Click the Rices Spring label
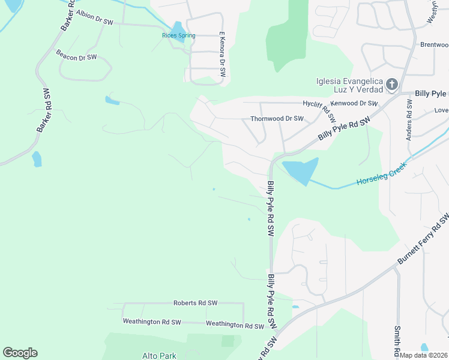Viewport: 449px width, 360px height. coord(179,36)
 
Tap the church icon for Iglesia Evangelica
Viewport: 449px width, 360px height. coord(391,85)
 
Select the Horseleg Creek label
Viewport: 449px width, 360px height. coord(382,175)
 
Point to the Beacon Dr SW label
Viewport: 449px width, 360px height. coord(76,57)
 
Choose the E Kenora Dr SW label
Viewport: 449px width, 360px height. coord(222,54)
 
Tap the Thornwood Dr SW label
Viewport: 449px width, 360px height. coord(277,119)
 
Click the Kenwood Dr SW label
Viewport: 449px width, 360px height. coord(354,104)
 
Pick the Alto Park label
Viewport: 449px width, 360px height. coord(159,356)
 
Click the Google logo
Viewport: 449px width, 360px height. coord(20,353)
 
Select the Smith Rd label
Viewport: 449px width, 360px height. coord(397,340)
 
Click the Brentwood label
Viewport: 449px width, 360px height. coord(434,44)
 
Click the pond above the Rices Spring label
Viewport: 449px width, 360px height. coord(177,28)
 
